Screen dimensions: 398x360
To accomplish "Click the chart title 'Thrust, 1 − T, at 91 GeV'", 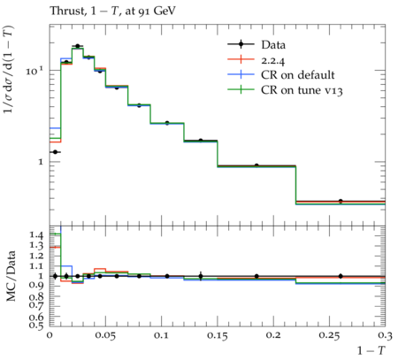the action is [112, 11].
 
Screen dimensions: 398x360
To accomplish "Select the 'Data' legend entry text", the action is [273, 45].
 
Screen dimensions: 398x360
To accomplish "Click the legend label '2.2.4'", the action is [273, 60].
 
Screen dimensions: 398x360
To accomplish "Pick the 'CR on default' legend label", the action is [298, 75].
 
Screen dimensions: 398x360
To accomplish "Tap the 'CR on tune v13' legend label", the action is [302, 90].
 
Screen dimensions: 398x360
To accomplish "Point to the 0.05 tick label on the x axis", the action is [105, 336].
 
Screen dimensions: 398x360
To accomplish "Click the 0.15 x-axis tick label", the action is [218, 336].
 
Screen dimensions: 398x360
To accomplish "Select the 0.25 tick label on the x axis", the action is [329, 336].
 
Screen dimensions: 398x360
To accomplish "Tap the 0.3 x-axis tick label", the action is [386, 336].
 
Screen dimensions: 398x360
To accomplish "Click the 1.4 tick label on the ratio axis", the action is [36, 235].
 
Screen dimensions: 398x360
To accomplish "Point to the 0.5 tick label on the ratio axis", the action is [36, 325].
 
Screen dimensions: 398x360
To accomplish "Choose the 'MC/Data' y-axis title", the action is [11, 276].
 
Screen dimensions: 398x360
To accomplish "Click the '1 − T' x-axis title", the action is [371, 350].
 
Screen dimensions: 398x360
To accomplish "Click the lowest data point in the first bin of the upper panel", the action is [55, 152].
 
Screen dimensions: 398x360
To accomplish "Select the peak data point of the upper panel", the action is [78, 46].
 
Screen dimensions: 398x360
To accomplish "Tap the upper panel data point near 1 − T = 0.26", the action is [341, 201].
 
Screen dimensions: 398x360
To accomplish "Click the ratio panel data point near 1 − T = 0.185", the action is [256, 276].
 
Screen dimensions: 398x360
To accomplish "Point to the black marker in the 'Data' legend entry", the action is [241, 44].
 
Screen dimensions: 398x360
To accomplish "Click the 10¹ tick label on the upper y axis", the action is [34, 71].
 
